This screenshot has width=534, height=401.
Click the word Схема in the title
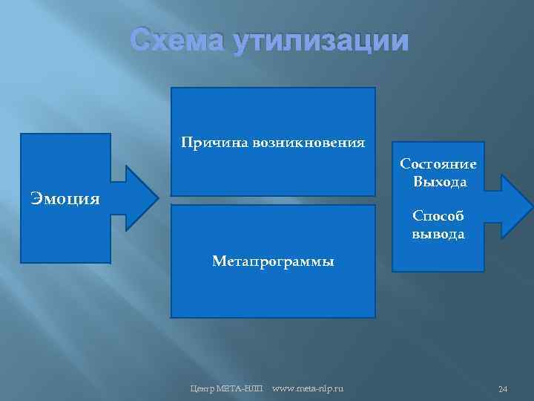pyautogui.click(x=177, y=41)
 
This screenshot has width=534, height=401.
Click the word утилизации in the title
pyautogui.click(x=320, y=41)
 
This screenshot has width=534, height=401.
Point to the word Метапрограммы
pyautogui.click(x=273, y=261)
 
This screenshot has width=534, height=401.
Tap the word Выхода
pyautogui.click(x=438, y=181)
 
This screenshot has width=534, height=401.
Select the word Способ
pyautogui.click(x=438, y=217)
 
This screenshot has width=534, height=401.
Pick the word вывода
pyautogui.click(x=438, y=234)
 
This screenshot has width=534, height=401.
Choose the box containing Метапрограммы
pyautogui.click(x=273, y=297)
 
